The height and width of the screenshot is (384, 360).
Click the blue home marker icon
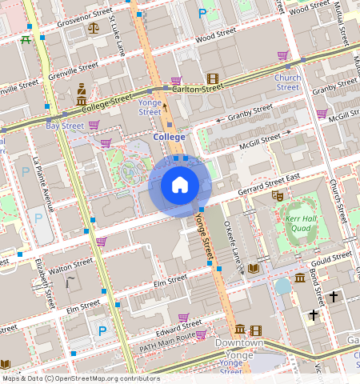pos(180,186)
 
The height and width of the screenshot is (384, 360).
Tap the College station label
pos(169,138)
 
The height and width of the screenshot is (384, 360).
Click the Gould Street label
pos(331,258)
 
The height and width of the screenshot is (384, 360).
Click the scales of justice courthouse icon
pos(94,26)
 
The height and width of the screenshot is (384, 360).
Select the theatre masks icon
pos(278,194)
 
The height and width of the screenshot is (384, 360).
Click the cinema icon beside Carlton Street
pos(212,78)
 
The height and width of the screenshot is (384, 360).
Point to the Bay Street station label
pos(65,126)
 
